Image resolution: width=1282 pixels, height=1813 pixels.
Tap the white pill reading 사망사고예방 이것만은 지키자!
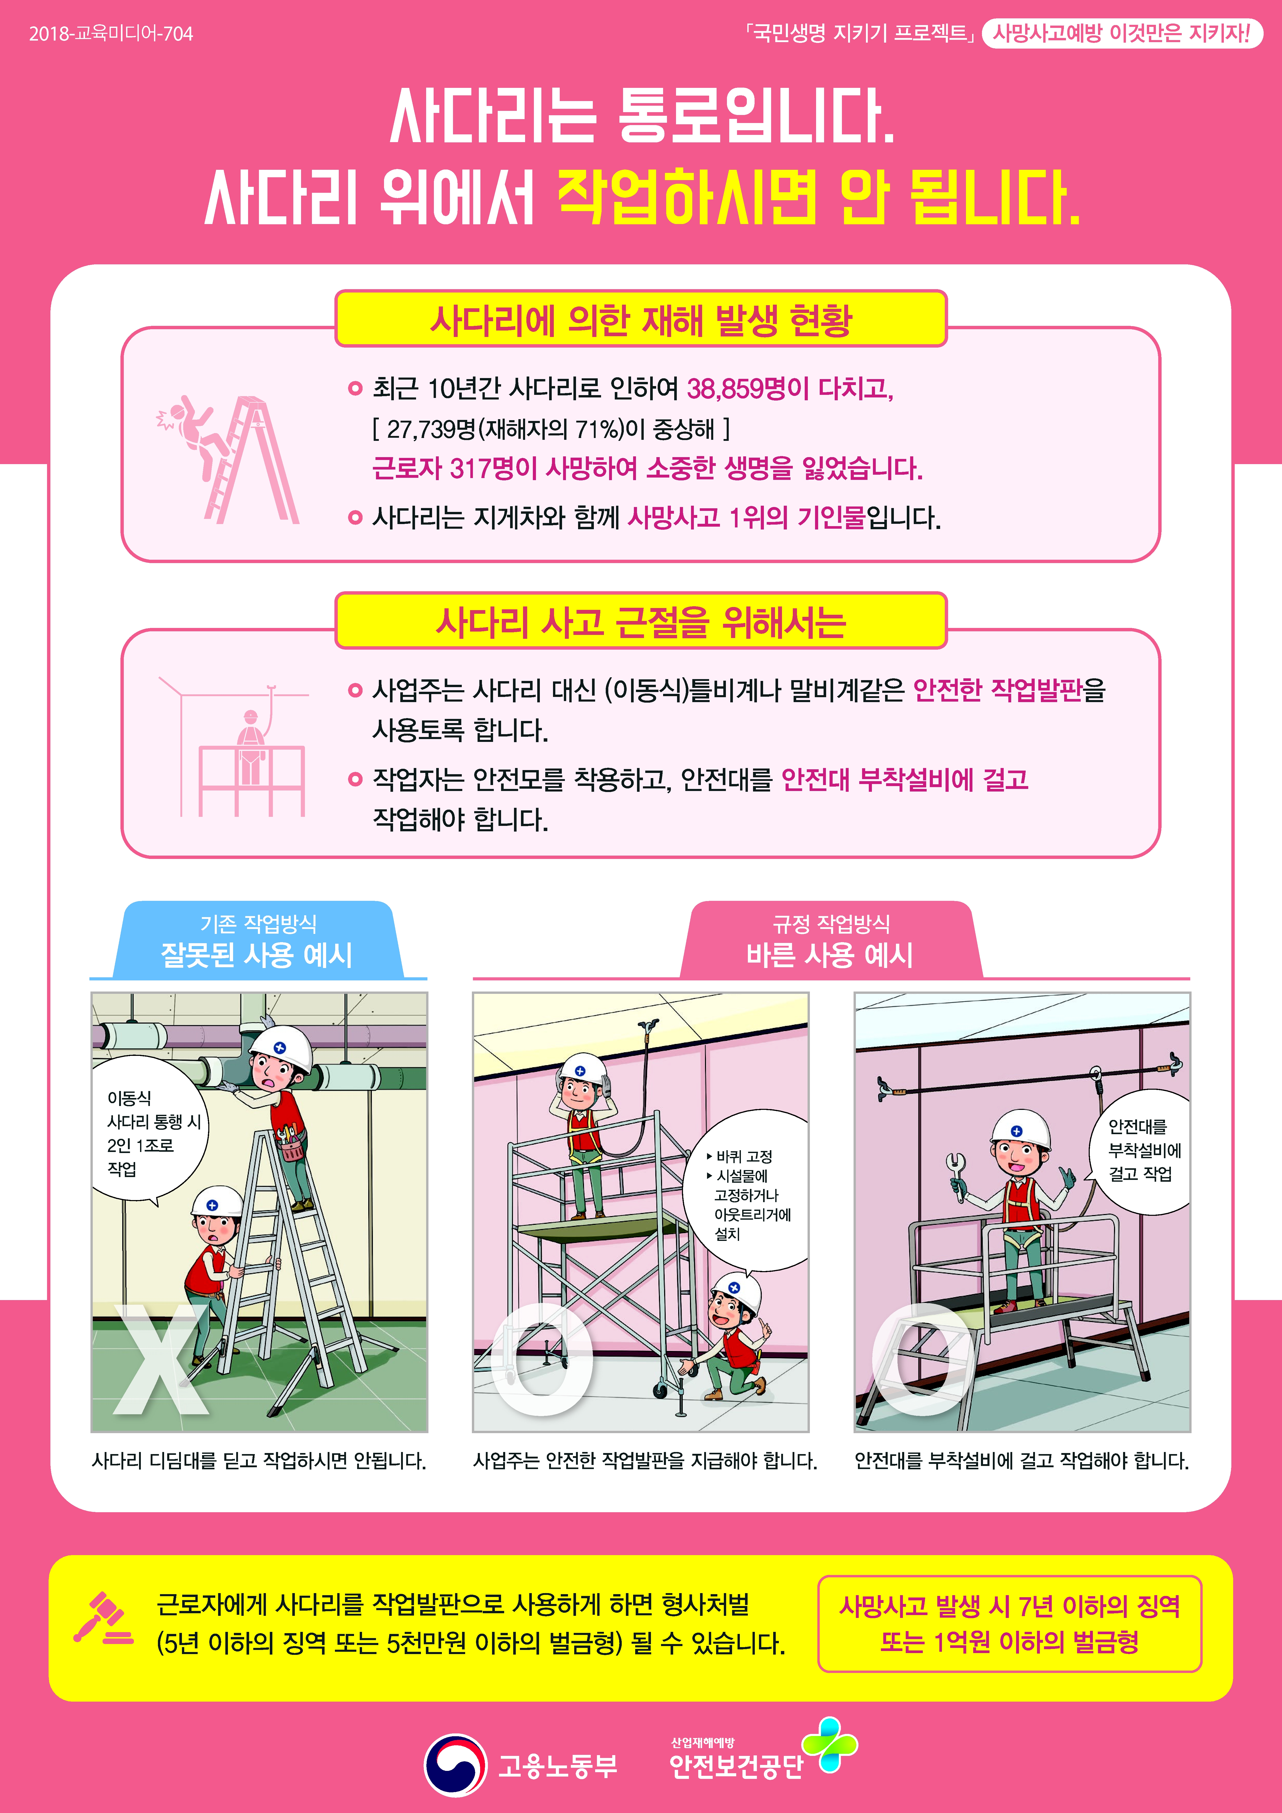[1122, 33]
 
